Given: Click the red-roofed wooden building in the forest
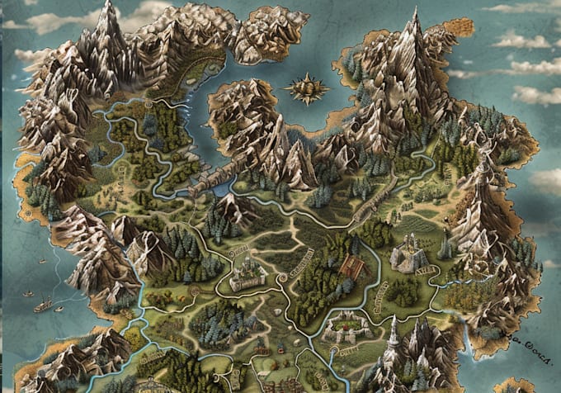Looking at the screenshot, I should point(351,266).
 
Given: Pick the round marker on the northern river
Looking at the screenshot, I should point(148,105).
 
